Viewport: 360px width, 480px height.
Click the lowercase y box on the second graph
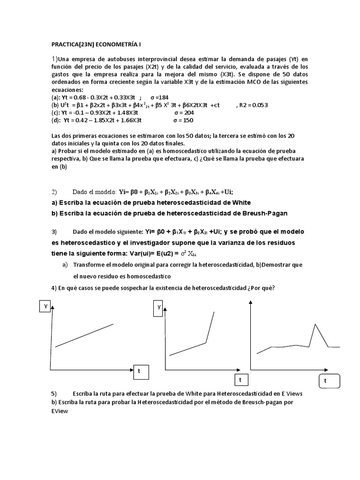point(159,307)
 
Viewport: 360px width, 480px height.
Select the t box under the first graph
point(139,371)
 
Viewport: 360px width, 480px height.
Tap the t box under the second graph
point(240,379)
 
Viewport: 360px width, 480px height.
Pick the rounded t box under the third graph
point(325,381)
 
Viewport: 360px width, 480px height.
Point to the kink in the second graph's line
point(206,343)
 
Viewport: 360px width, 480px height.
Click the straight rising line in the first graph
point(84,335)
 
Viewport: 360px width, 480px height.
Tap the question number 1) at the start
point(55,59)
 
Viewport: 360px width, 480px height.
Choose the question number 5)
point(54,393)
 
